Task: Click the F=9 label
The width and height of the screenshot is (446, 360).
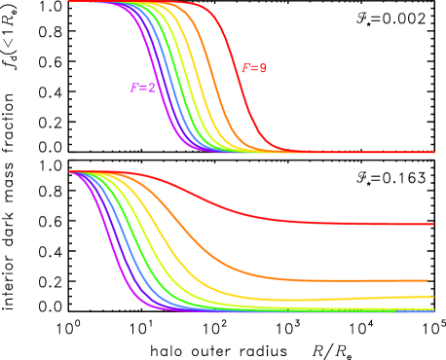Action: coord(254,69)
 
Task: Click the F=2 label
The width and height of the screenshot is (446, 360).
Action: coord(143,89)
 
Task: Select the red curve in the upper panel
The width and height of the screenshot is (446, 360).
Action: coord(242,88)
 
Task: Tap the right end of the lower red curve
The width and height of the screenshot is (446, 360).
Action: coord(432,225)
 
